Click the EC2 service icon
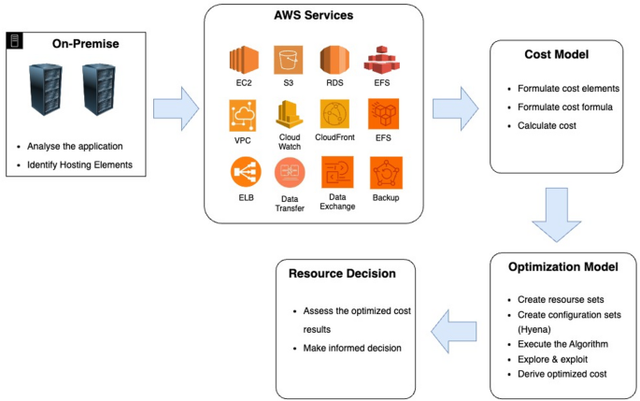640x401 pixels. click(x=243, y=61)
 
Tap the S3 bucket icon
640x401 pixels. click(x=289, y=61)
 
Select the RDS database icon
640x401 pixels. click(x=335, y=61)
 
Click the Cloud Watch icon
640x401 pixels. click(x=289, y=117)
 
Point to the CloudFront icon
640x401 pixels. click(x=335, y=116)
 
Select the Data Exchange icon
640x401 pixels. click(x=336, y=172)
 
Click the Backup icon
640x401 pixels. click(x=385, y=173)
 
